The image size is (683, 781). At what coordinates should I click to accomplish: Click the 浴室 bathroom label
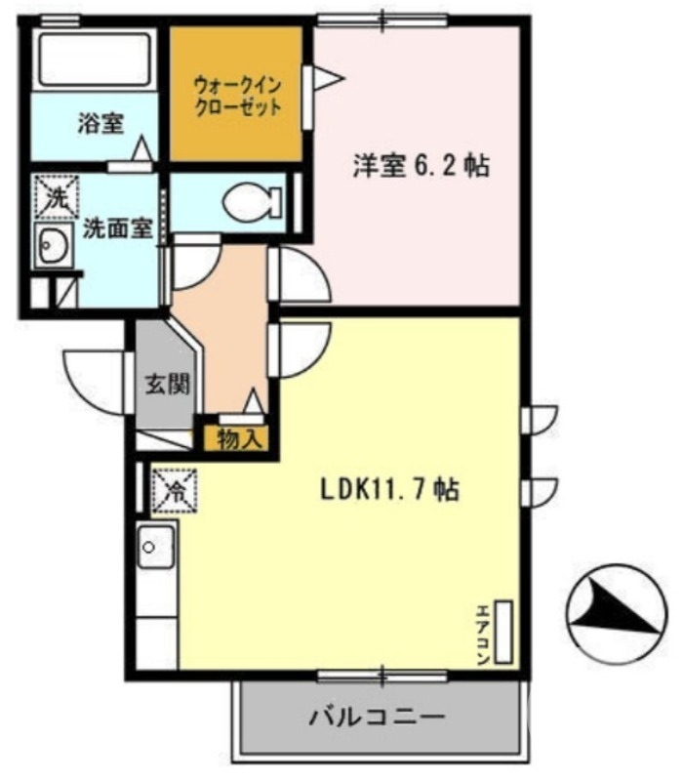coord(100,124)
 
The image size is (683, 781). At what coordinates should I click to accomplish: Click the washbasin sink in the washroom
coord(52,246)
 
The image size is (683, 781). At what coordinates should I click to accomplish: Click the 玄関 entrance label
coord(164,383)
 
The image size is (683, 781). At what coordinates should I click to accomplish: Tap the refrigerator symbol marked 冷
coord(177,488)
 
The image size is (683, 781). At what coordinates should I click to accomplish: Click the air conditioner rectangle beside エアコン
coord(505,633)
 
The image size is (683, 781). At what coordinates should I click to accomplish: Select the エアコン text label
coord(482,635)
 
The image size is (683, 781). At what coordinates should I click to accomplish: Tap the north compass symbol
coord(612,614)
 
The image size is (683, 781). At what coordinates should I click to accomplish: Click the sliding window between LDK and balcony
coord(382,675)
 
